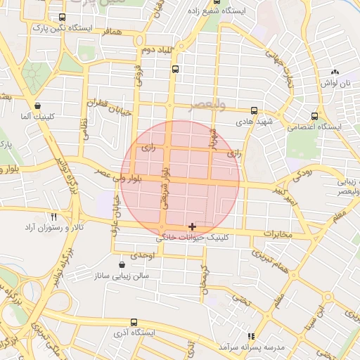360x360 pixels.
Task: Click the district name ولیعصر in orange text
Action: point(207,105)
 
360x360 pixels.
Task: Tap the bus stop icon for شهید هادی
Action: point(254,110)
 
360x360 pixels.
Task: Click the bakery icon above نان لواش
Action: point(335,72)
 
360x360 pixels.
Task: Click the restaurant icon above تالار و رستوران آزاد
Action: point(54,217)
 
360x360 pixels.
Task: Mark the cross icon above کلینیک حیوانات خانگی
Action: point(193,226)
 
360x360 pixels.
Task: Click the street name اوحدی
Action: point(143,254)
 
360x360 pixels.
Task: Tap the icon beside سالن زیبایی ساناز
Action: point(123,265)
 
